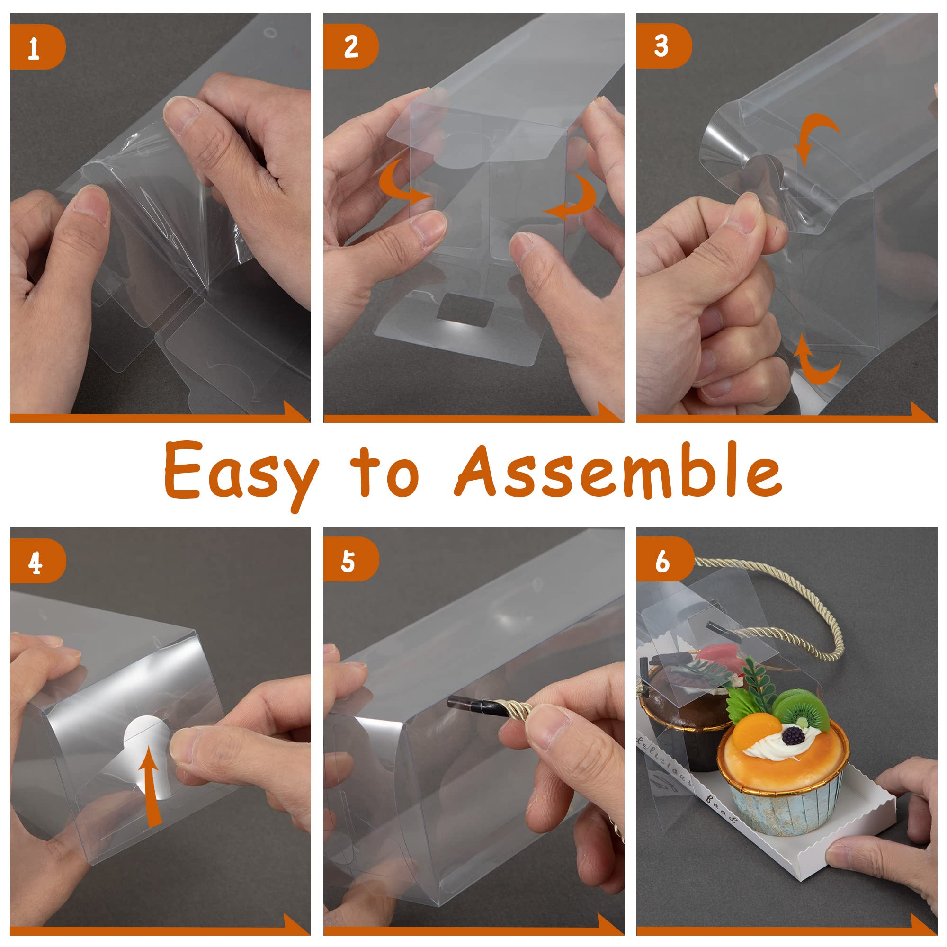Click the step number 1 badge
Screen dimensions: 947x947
point(37,47)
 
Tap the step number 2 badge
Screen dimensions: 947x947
point(350,46)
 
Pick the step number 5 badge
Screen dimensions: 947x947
point(350,559)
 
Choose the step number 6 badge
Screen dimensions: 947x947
point(663,559)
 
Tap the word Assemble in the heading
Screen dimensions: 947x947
point(618,469)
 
